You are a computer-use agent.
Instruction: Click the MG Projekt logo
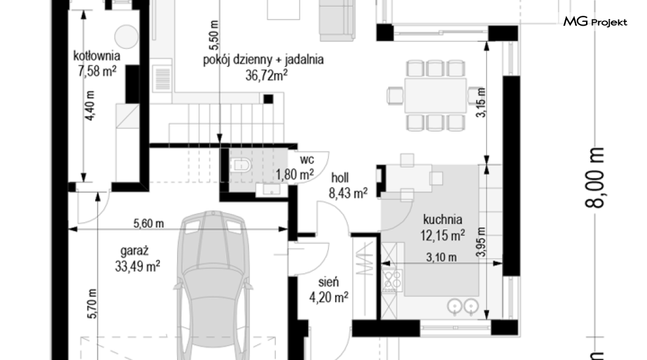tap(595, 21)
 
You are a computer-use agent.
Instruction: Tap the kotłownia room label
tap(96, 56)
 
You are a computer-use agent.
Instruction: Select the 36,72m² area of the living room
tap(266, 76)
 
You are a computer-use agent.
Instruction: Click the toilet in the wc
tap(241, 165)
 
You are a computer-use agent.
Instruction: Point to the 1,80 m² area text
tap(295, 175)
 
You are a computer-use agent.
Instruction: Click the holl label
tap(340, 178)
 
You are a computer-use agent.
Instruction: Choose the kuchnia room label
tap(443, 220)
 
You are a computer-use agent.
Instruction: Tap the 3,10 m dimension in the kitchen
tap(441, 257)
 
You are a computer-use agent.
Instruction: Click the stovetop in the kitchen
tap(392, 281)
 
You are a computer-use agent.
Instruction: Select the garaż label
tap(134, 251)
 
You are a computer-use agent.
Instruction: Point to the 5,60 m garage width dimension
tap(148, 223)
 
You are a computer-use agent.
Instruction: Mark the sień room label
tap(329, 282)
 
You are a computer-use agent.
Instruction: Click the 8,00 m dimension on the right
tap(595, 178)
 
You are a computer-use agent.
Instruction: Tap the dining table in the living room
tap(435, 95)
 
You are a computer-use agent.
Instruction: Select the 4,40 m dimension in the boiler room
tap(89, 106)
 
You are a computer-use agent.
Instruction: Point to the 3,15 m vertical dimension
tap(481, 103)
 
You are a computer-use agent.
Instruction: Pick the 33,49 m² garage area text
tap(137, 267)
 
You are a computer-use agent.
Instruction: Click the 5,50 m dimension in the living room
tap(214, 32)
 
